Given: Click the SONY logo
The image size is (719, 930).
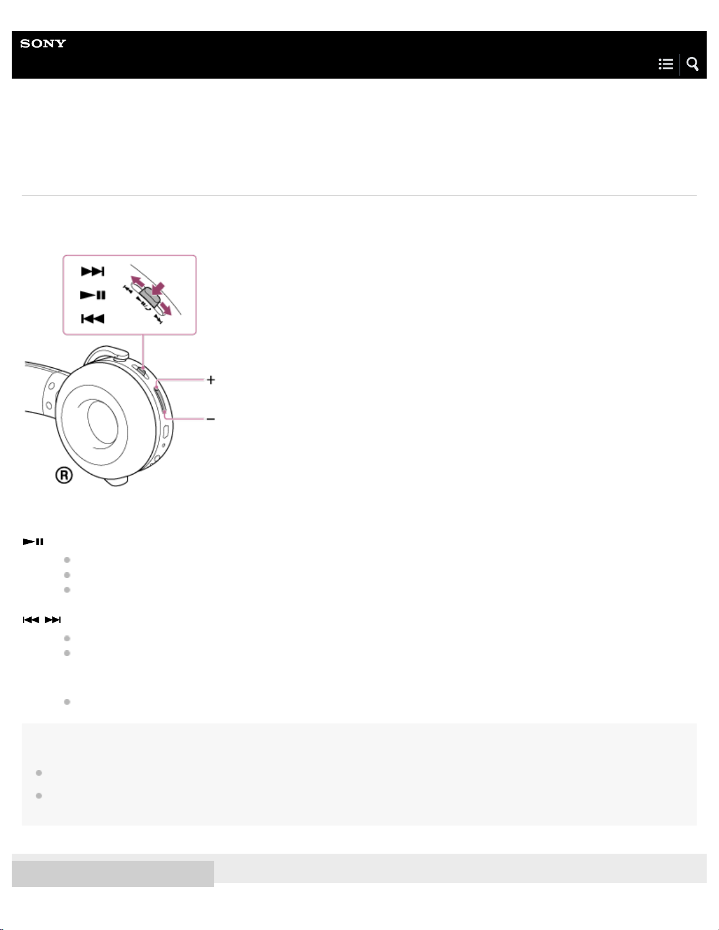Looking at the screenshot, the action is (x=43, y=43).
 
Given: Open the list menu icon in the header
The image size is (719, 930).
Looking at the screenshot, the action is (x=666, y=64).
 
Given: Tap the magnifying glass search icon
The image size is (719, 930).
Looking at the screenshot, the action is (x=693, y=64).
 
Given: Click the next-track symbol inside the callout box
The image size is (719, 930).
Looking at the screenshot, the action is (x=93, y=271).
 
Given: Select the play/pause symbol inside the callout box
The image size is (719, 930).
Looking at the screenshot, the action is (x=93, y=295).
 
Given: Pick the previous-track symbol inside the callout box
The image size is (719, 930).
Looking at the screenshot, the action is (x=93, y=319).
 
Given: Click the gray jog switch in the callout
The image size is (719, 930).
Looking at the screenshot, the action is (x=150, y=296).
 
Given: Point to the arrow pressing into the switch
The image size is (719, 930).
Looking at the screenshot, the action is (x=158, y=288).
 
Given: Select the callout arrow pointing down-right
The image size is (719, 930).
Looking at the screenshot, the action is (x=165, y=309).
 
